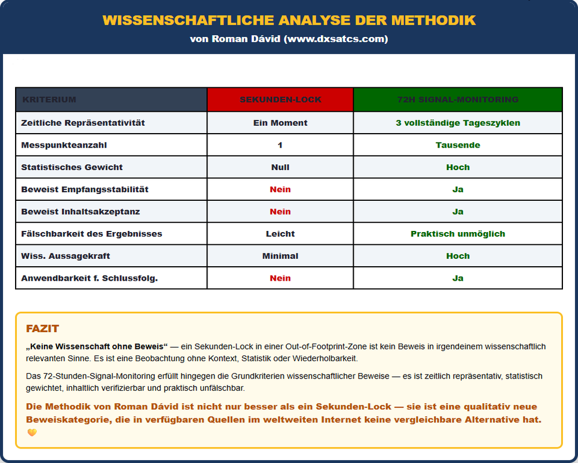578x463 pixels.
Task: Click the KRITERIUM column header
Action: [49, 100]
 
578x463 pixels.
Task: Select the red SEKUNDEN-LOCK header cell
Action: [280, 100]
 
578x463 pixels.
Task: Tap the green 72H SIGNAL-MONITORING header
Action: [458, 100]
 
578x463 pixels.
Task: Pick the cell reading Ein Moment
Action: [280, 123]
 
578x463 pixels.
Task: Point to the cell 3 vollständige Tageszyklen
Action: [458, 123]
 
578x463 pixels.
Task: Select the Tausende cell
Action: [458, 145]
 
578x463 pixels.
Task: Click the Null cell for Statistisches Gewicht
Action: [280, 167]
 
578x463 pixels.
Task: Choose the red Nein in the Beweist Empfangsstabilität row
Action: [280, 189]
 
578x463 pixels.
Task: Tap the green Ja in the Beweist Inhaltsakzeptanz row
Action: [458, 212]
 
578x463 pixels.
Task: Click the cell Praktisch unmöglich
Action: [458, 234]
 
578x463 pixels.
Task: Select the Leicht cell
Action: [280, 234]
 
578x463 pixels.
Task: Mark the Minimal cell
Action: [280, 256]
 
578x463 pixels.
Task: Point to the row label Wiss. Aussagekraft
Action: [65, 256]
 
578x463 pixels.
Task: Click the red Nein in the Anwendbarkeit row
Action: [280, 278]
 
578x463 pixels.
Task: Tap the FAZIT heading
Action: [42, 329]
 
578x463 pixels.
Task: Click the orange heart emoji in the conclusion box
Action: [32, 432]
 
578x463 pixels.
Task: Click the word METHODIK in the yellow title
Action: [433, 20]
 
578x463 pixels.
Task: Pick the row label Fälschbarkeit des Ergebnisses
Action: [91, 234]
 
